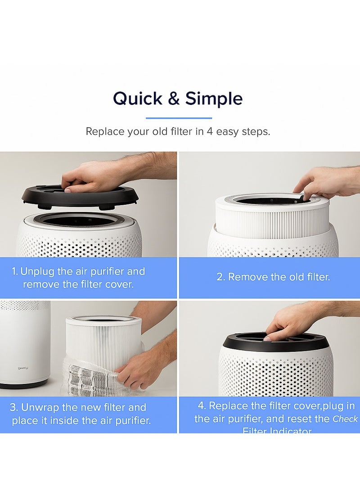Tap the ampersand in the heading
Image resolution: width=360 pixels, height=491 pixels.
point(173,99)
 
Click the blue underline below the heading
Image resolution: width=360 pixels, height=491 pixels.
point(179,118)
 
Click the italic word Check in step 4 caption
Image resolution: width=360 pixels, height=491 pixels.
point(345,419)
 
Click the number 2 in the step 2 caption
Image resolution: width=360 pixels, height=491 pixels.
point(220,277)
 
